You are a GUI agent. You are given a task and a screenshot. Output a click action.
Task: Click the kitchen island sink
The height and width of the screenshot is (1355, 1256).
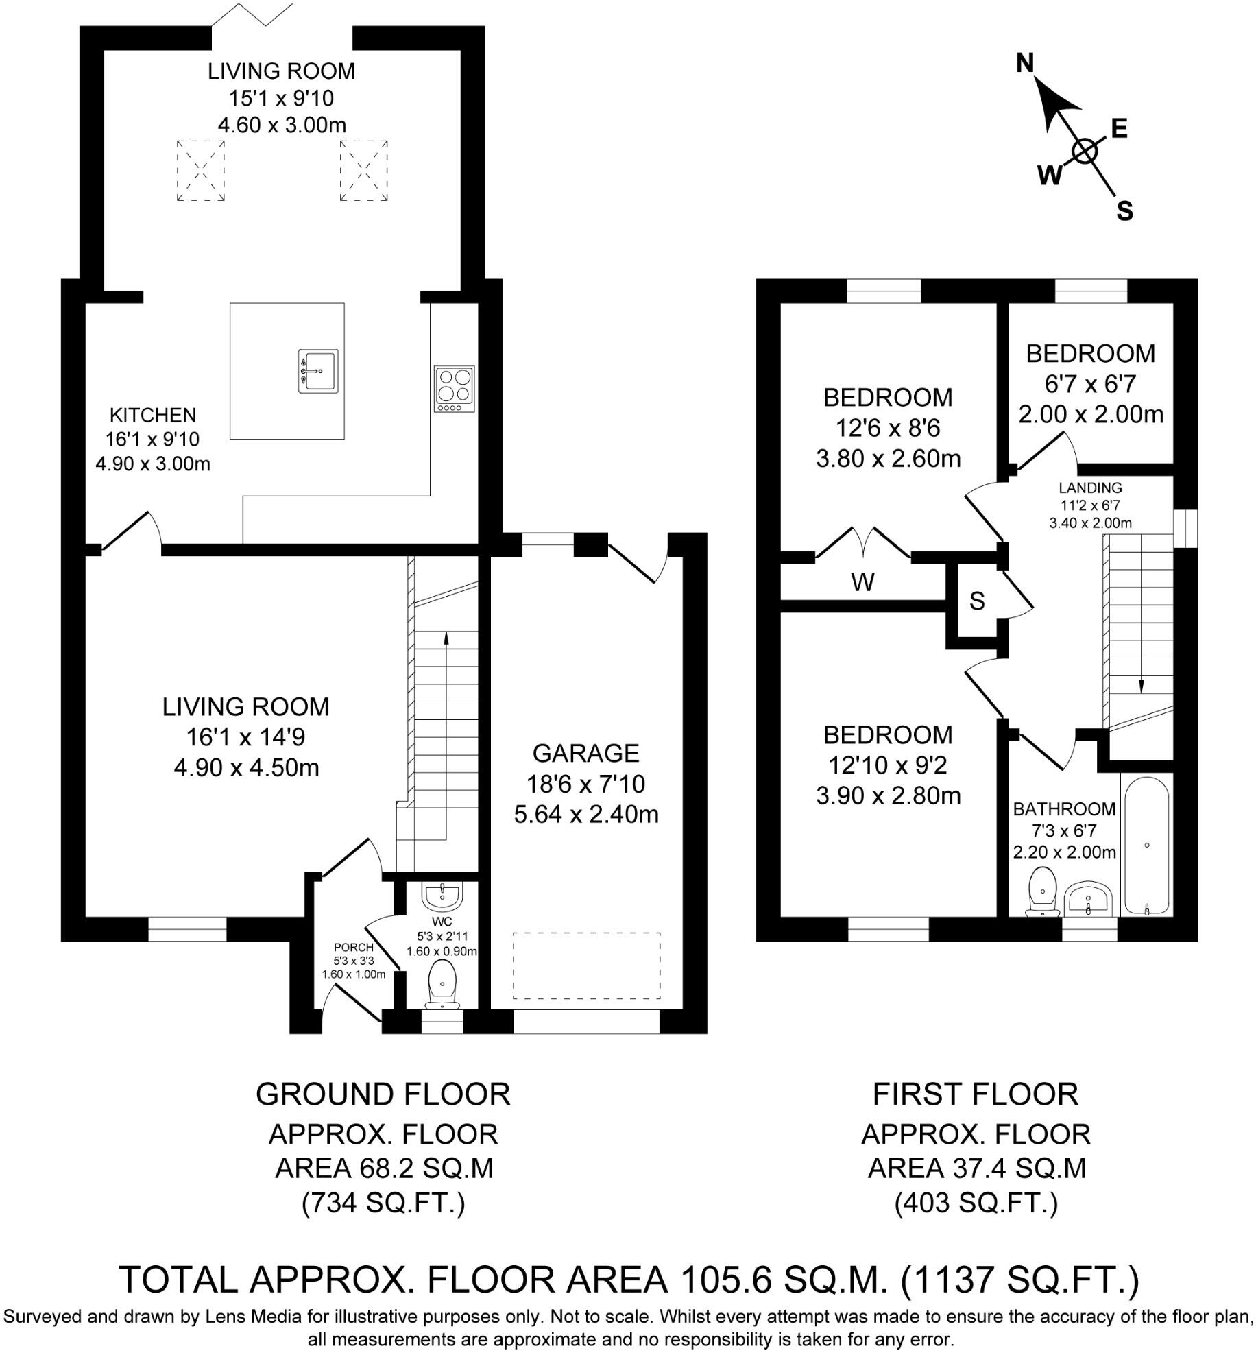(x=318, y=371)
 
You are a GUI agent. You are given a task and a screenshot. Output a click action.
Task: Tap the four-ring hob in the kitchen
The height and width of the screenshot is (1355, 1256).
(x=454, y=389)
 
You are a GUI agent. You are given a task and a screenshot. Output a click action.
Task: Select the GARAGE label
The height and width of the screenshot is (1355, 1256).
(x=585, y=753)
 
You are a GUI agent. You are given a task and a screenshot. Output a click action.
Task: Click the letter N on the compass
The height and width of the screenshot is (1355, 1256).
(x=1024, y=64)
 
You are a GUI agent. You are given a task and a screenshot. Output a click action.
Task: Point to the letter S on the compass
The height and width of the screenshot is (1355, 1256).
(x=1124, y=211)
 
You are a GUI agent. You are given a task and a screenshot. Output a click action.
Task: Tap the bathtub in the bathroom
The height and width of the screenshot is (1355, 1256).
(x=1147, y=845)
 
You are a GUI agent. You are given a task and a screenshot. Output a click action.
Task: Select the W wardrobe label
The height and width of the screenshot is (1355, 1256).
(x=862, y=583)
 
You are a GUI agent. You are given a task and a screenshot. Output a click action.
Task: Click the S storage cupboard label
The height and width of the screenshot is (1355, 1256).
(x=977, y=601)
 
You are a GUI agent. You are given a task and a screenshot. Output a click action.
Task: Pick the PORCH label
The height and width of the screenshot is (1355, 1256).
(x=354, y=948)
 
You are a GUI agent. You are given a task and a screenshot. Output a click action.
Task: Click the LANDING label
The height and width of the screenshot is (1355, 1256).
(x=1090, y=488)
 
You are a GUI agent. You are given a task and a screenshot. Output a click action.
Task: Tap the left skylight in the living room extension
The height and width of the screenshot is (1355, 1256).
(x=200, y=171)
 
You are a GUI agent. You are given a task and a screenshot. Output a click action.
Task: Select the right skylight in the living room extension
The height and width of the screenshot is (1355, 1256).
(x=363, y=171)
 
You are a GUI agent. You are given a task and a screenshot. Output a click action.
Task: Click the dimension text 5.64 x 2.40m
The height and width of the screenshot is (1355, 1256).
(x=585, y=815)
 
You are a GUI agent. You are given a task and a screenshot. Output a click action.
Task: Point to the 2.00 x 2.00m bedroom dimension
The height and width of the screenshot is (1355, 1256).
(x=1090, y=415)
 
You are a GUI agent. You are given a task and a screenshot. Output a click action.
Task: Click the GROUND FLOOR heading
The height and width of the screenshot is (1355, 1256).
(x=383, y=1095)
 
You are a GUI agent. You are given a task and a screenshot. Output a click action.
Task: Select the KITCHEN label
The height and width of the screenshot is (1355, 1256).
(x=153, y=415)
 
